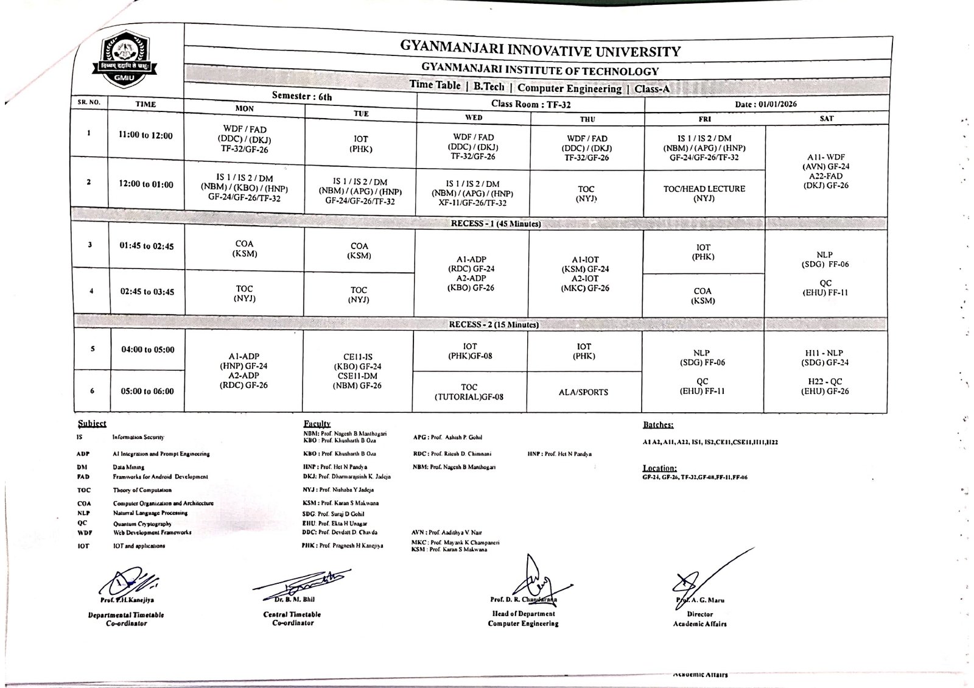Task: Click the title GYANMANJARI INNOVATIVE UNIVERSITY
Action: pos(540,49)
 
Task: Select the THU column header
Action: pos(587,119)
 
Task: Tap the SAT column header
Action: pos(826,118)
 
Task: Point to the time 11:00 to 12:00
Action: pos(145,136)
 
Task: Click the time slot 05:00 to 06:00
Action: pos(147,391)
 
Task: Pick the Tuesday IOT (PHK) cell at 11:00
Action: pos(360,144)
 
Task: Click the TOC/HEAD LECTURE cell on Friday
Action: pos(704,194)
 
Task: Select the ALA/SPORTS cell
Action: pos(583,392)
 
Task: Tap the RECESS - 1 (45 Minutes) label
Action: pos(496,223)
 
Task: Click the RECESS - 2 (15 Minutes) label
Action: pos(494,325)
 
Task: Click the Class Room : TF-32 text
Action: pos(531,104)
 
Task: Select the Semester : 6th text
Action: pos(302,96)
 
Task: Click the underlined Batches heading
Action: pos(658,425)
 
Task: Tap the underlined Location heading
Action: pos(660,468)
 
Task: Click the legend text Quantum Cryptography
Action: pos(142,524)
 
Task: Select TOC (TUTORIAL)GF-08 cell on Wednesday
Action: pos(469,392)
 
